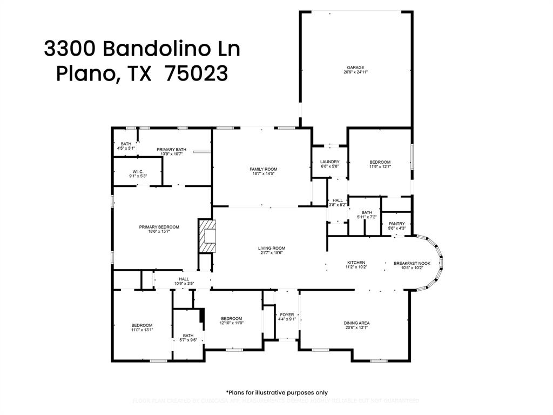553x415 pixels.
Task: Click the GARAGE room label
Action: point(355,68)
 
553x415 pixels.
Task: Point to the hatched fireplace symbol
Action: point(206,236)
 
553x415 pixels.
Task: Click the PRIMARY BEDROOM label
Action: point(159,227)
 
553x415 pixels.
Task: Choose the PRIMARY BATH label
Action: point(171,149)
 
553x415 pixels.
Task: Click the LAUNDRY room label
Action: point(329,162)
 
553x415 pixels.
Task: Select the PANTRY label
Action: point(396,224)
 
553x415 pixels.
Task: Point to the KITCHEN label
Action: point(356,263)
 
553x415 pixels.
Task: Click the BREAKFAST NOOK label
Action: point(412,263)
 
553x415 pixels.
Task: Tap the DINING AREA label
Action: point(356,323)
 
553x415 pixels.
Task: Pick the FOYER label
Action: point(287,314)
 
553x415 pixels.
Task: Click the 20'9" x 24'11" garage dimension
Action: point(355,72)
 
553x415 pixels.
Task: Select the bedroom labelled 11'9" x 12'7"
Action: point(380,164)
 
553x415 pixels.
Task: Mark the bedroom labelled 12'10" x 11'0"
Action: point(232,320)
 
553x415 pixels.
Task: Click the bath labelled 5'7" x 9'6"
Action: point(188,338)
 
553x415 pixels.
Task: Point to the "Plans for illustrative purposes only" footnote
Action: point(276,393)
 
